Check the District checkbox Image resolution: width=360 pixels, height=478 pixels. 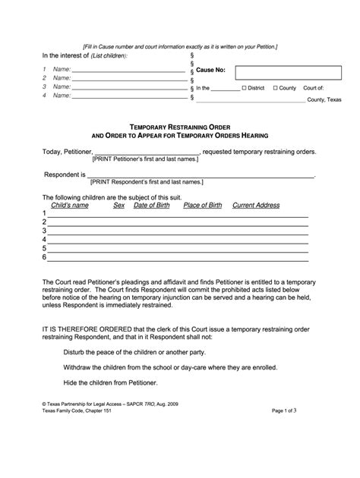(243, 88)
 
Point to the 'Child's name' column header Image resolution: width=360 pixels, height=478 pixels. (70, 206)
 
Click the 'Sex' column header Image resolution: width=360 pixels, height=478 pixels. (119, 206)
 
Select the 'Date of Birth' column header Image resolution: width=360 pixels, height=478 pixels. (152, 206)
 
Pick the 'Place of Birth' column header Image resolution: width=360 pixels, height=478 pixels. (203, 206)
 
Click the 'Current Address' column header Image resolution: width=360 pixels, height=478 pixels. (256, 206)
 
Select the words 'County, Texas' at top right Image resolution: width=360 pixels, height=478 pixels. (324, 99)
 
